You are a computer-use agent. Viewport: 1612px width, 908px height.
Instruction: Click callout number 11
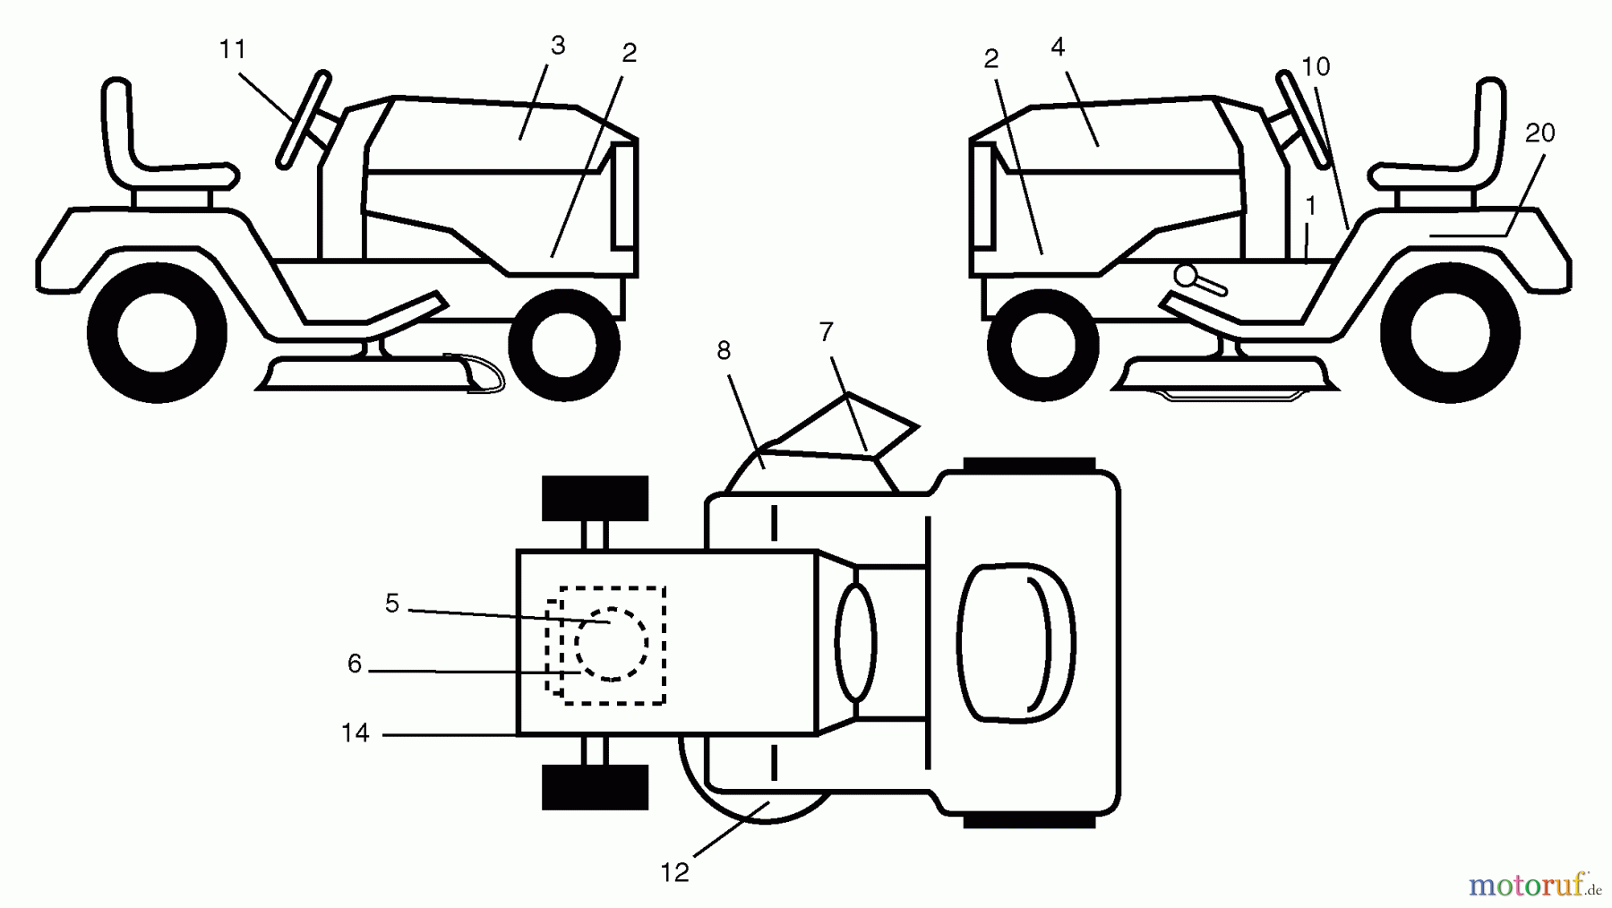tap(233, 49)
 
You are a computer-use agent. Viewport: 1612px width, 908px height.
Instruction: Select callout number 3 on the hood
tap(558, 46)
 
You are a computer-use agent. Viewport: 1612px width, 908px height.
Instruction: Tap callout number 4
tap(1058, 47)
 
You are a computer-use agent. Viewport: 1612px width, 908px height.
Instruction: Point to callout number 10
tap(1316, 66)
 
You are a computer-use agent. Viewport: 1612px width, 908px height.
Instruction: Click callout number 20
tap(1539, 133)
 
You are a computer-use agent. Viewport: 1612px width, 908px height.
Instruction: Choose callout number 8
tap(724, 351)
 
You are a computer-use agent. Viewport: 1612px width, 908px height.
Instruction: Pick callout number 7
tap(826, 332)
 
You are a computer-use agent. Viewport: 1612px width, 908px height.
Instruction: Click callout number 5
tap(391, 604)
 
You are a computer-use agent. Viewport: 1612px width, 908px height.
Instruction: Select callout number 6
tap(355, 664)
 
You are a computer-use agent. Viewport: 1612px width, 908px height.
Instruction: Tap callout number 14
tap(355, 732)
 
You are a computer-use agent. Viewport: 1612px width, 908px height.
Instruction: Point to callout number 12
tap(674, 872)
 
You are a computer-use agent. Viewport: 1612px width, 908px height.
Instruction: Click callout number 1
tap(1310, 207)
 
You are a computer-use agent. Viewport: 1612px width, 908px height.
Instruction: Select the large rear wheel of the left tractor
tap(157, 333)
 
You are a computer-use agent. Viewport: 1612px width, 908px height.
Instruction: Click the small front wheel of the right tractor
tap(1042, 345)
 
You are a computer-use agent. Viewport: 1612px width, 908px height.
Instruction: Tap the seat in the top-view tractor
tap(1016, 641)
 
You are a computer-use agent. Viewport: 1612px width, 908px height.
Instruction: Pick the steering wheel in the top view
tap(856, 641)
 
